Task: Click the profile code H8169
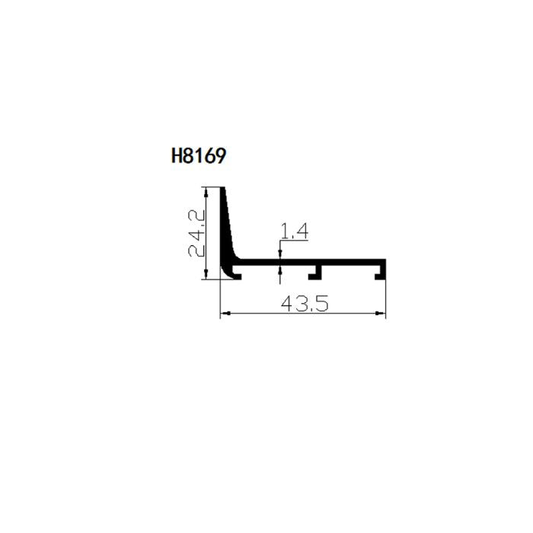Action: click(199, 157)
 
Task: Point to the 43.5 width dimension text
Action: click(304, 304)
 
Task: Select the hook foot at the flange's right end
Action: click(381, 273)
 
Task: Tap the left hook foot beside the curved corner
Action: click(237, 273)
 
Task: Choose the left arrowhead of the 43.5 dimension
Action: click(224, 314)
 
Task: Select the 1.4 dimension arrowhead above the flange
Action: click(281, 255)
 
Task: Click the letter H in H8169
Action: click(177, 157)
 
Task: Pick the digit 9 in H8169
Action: click(220, 157)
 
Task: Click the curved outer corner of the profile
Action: click(225, 273)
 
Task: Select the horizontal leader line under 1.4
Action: click(294, 241)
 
